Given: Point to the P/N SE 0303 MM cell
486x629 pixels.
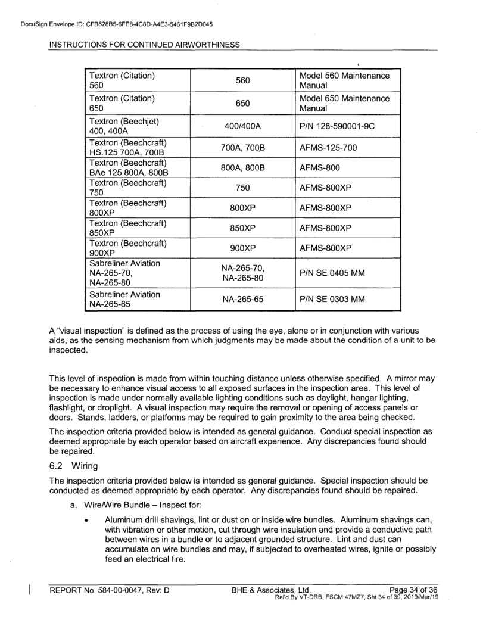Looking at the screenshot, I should coord(332,300).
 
